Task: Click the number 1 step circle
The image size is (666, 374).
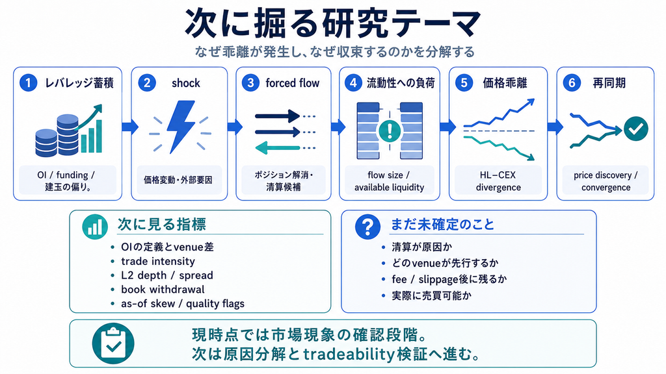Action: click(x=28, y=82)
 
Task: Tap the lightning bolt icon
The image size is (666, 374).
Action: click(x=181, y=127)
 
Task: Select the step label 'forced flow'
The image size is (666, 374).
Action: click(x=292, y=83)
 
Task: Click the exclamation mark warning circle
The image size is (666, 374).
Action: click(x=389, y=131)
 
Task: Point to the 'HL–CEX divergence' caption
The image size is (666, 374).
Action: click(x=498, y=181)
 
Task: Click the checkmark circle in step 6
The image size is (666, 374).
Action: click(x=636, y=129)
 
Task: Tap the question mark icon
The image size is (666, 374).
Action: click(x=368, y=227)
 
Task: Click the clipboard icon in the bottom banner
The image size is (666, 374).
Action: click(x=113, y=343)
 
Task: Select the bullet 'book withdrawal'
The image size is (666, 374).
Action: click(x=163, y=289)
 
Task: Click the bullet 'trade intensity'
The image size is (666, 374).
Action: click(x=158, y=261)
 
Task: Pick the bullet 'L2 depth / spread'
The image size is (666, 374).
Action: click(x=167, y=275)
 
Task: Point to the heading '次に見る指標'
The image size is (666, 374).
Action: click(x=162, y=224)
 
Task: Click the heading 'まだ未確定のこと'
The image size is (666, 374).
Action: click(x=442, y=224)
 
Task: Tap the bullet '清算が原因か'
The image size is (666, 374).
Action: click(x=421, y=247)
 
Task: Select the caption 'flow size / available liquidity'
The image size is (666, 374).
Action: click(x=389, y=181)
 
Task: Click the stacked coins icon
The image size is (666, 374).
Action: click(x=57, y=136)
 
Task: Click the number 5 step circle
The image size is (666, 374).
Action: click(x=464, y=82)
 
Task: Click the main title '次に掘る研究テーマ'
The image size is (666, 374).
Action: click(x=333, y=24)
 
